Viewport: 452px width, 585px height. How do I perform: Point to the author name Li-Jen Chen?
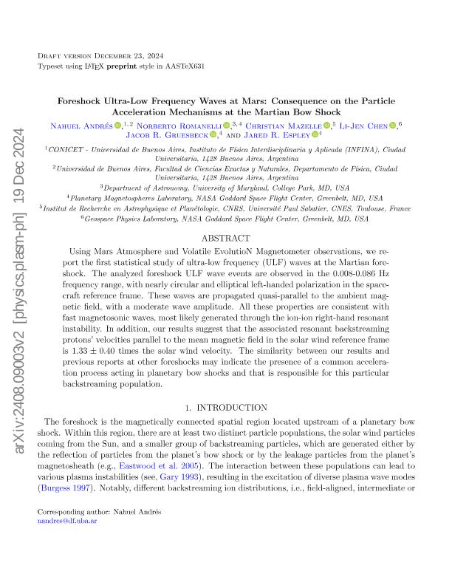(365, 125)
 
